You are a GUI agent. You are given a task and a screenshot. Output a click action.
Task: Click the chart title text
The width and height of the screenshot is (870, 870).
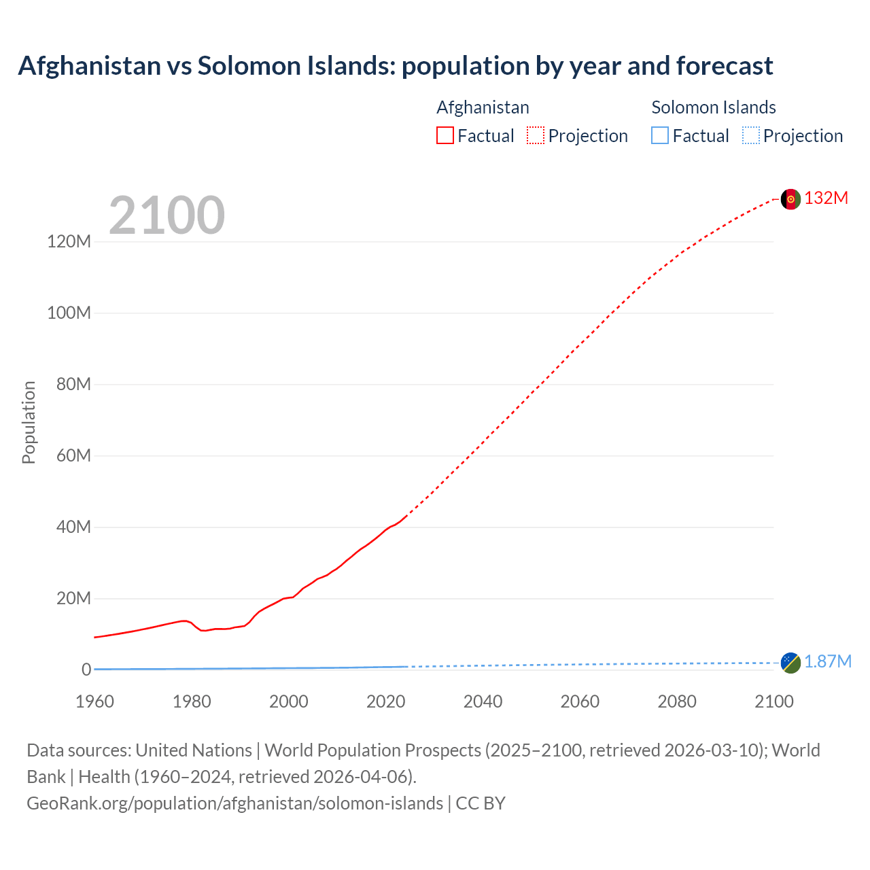click(395, 66)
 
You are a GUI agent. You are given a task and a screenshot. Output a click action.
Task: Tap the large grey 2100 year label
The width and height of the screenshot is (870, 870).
click(167, 215)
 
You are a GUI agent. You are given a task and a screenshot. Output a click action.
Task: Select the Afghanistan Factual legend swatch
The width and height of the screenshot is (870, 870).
click(445, 135)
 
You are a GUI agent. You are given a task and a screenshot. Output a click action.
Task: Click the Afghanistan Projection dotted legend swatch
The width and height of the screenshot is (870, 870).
click(536, 135)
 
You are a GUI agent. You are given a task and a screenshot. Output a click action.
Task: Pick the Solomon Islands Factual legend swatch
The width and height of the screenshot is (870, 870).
click(659, 135)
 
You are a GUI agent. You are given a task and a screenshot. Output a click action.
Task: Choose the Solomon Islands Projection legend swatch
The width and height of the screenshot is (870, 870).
click(750, 135)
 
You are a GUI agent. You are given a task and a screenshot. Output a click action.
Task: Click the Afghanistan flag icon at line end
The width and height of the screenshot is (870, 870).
click(790, 199)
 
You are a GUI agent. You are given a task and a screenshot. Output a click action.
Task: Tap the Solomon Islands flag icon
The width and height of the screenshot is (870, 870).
click(790, 663)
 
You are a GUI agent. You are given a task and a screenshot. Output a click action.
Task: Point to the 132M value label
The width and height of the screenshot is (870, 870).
click(826, 198)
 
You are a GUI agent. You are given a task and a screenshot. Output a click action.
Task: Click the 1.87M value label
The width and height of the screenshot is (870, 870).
click(828, 662)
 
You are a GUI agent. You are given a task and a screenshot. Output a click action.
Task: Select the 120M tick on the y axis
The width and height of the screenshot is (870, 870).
click(69, 242)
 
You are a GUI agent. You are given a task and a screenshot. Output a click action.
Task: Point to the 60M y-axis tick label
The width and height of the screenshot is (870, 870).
click(73, 455)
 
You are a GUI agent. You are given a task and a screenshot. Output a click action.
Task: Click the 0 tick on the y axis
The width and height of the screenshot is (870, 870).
click(86, 669)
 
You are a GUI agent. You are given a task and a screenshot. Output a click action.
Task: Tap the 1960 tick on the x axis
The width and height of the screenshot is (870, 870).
click(94, 701)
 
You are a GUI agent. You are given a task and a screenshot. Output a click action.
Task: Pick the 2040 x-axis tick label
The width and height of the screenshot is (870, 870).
click(483, 701)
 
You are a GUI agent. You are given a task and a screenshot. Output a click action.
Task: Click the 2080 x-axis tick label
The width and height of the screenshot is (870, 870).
click(677, 701)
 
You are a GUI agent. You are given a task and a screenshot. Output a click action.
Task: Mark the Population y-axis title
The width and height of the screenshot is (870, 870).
click(29, 422)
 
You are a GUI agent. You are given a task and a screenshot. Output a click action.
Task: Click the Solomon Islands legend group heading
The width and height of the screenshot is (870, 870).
click(713, 107)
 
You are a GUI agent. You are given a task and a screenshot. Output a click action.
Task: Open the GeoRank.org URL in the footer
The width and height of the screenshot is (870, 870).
click(234, 803)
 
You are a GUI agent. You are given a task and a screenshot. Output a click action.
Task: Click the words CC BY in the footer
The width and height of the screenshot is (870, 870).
click(481, 803)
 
